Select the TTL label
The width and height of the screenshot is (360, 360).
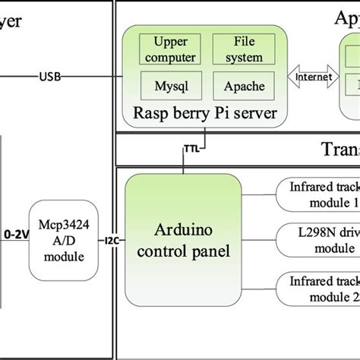(x=190, y=150)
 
